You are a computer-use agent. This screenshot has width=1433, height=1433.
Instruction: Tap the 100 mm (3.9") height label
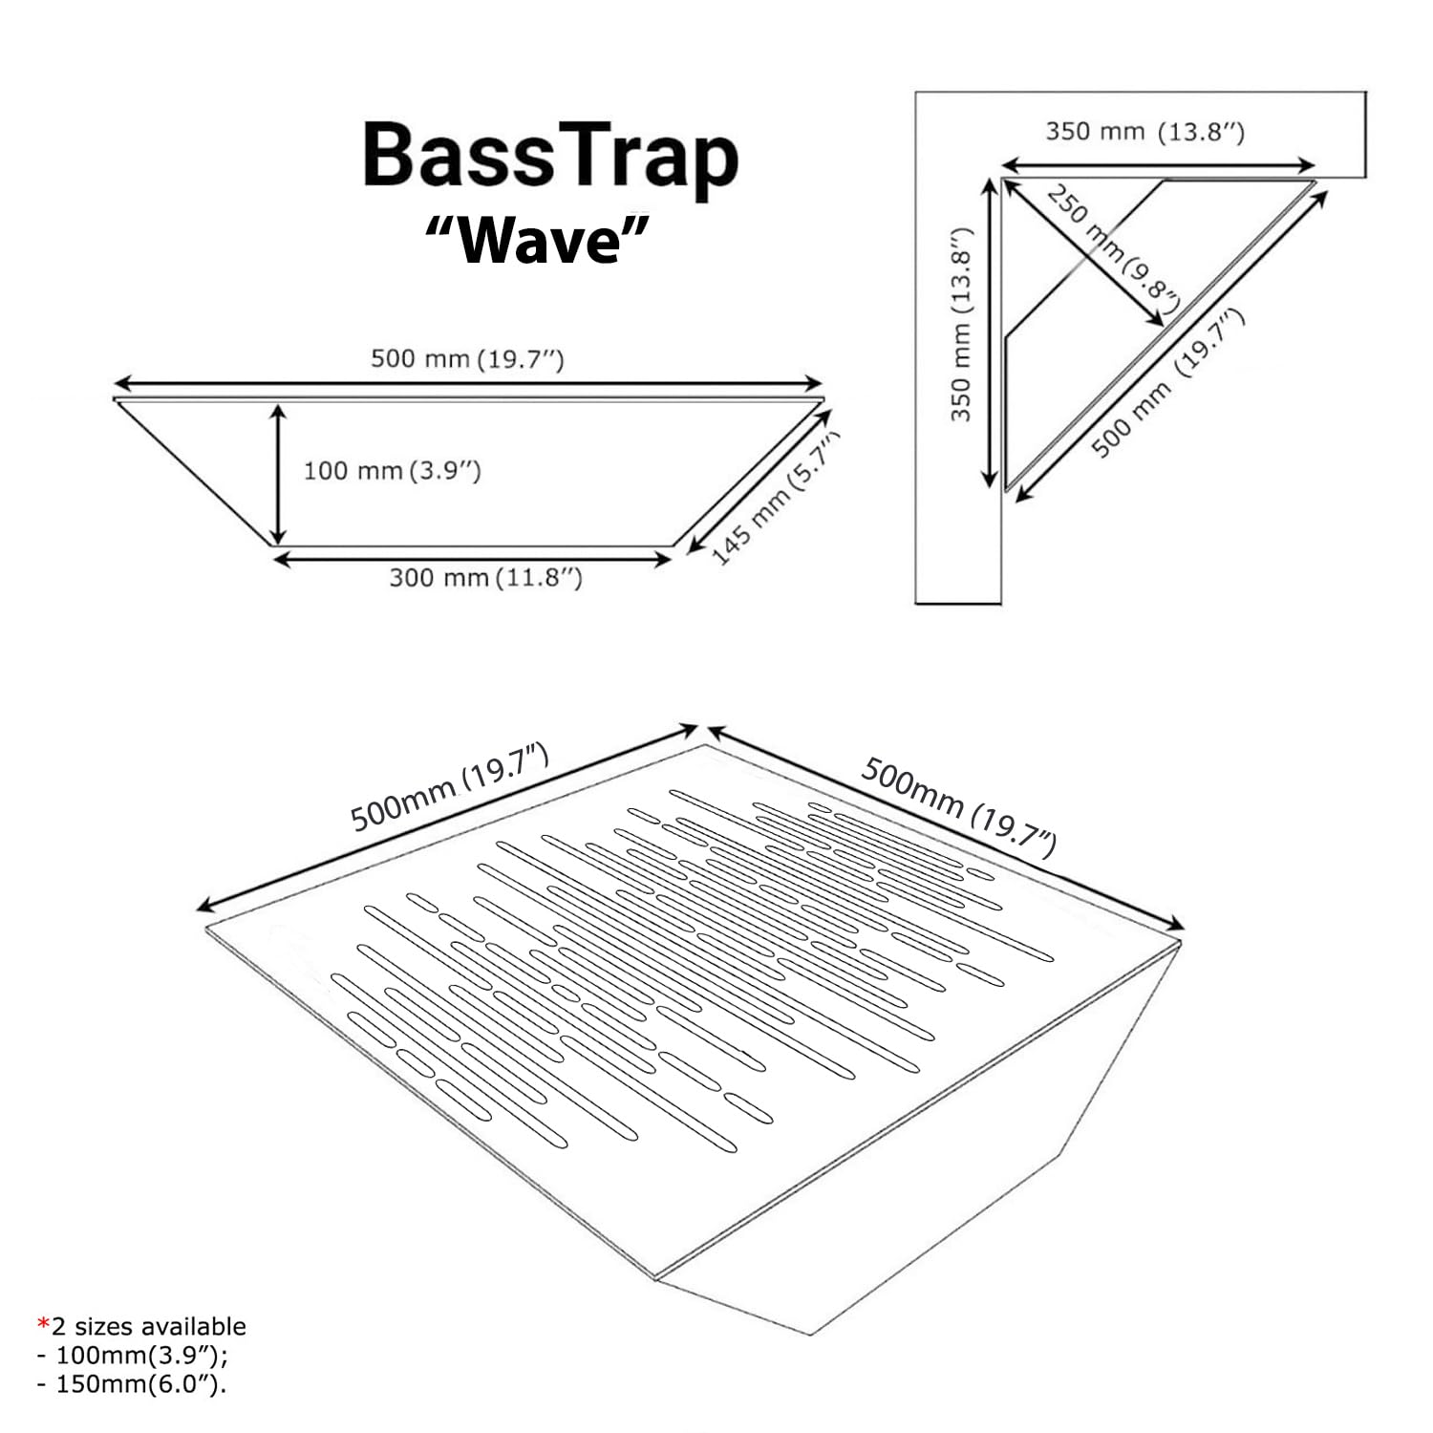click(392, 470)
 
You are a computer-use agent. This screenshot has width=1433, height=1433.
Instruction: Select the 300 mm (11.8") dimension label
click(485, 577)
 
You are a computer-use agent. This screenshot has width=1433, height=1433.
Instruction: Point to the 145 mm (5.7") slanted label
click(776, 498)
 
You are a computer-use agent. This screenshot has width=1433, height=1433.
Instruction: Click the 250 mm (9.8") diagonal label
click(1113, 243)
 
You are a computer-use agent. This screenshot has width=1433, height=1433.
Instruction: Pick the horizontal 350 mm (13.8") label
click(1144, 131)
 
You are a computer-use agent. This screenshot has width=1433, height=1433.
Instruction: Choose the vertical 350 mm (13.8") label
click(961, 325)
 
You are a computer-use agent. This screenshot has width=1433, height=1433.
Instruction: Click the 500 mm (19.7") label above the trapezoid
click(467, 359)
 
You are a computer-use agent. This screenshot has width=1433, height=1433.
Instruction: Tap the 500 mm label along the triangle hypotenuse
click(1167, 382)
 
